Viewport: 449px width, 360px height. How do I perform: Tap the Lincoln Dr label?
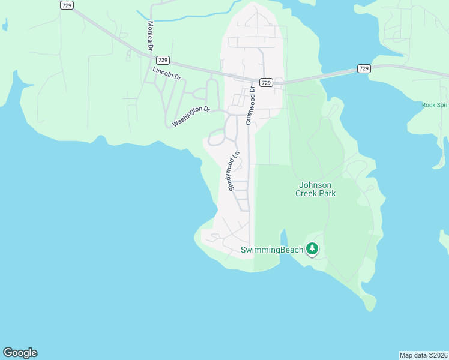166,74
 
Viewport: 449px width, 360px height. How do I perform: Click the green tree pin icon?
312,248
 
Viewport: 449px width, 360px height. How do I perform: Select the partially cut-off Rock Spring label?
435,104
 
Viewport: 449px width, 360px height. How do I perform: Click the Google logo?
20,353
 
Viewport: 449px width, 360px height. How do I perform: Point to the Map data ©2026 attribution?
423,355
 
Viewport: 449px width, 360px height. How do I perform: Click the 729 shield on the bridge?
363,68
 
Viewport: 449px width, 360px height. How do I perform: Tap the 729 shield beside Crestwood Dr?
267,82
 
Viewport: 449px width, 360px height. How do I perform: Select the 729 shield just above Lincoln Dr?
162,60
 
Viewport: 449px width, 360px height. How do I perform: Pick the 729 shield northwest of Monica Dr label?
67,5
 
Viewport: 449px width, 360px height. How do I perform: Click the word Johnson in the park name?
316,185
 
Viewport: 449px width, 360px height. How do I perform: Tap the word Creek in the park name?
307,193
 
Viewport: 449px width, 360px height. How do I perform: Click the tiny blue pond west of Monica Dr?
5,25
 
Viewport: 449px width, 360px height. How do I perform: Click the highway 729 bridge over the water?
324,75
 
